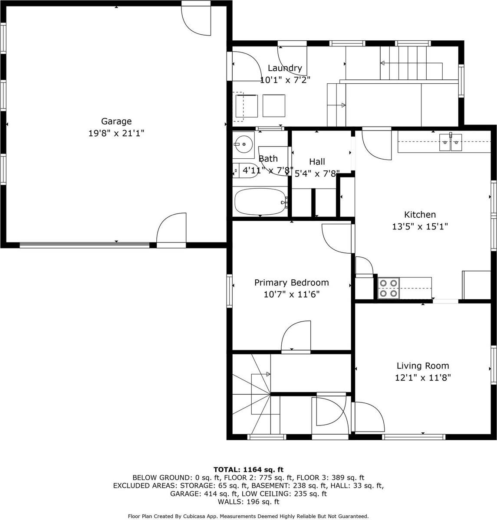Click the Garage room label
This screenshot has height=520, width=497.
116,121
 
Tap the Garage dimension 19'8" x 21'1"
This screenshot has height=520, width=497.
116,134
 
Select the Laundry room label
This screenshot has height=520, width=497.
285,68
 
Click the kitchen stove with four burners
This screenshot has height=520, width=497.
388,288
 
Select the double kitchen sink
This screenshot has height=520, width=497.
451,142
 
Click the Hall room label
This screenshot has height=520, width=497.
317,162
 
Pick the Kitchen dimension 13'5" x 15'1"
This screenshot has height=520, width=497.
420,226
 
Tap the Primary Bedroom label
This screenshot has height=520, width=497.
291,283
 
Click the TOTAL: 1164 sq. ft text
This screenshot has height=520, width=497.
248,469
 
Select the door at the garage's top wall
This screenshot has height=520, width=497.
197,20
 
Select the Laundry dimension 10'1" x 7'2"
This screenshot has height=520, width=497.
285,80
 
